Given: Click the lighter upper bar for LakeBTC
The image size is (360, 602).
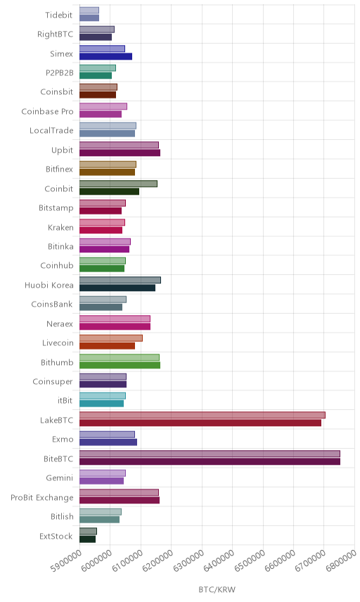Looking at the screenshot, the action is click(202, 415).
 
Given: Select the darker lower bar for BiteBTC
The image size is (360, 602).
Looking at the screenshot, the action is click(210, 461).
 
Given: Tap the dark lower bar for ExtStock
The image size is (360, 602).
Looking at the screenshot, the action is click(87, 539).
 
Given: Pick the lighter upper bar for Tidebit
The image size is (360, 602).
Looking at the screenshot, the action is click(89, 11).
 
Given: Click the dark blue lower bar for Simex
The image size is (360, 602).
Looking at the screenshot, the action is click(106, 56).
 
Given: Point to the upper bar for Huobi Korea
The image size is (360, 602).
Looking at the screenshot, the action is click(120, 281).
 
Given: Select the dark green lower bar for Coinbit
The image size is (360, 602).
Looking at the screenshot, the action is click(110, 191).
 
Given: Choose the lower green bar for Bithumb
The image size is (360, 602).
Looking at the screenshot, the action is click(120, 365).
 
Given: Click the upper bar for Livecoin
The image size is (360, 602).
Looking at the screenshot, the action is click(111, 338).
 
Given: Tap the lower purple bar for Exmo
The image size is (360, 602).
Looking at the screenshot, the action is click(108, 442).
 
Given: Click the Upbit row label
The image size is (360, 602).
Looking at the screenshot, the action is click(62, 150).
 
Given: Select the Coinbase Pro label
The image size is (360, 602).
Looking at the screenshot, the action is click(47, 111).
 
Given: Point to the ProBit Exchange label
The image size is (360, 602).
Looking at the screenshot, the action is click(41, 498).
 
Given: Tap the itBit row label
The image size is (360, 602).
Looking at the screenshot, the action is click(65, 400).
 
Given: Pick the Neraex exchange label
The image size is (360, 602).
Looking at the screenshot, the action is click(60, 324).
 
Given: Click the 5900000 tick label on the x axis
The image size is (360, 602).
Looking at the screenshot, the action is click(66, 561).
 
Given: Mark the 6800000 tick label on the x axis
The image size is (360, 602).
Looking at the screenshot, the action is click(341, 561).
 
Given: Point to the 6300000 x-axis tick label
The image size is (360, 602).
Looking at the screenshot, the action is click(188, 561).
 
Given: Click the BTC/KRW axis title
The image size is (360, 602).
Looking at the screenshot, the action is click(217, 590).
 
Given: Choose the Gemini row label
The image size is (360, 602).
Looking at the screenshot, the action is click(60, 478).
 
